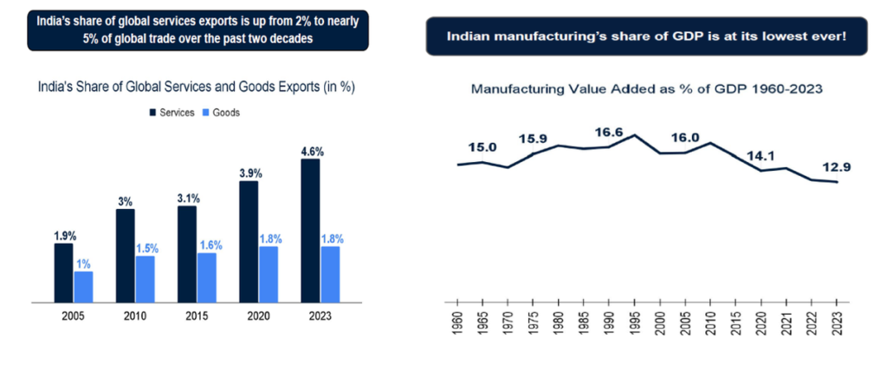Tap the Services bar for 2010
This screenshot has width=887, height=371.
click(125, 257)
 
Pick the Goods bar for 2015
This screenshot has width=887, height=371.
click(207, 278)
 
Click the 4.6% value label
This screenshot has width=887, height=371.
click(308, 151)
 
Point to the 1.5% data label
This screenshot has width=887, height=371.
click(146, 248)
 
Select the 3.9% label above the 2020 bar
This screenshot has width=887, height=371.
click(249, 173)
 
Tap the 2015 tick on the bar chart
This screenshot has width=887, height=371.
click(197, 317)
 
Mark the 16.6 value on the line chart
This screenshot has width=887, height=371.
click(610, 132)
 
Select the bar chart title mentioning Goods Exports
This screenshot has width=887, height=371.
click(196, 87)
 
